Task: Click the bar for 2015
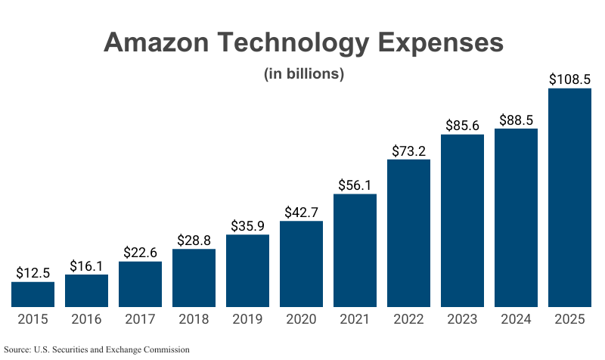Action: [33, 294]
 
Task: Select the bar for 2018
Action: [194, 278]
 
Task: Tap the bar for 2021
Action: [355, 250]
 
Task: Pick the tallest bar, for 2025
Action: [569, 197]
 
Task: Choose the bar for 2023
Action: [462, 220]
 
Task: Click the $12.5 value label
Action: [33, 272]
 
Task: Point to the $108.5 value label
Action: [569, 78]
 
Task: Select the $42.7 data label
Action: [301, 212]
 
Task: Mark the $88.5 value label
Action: [516, 119]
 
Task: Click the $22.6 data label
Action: [140, 252]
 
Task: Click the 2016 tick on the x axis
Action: [86, 319]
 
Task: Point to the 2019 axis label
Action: [247, 319]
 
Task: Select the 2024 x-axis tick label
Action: [516, 319]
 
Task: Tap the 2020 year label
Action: [301, 319]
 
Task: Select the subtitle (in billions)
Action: [303, 74]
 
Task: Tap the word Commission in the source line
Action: [165, 349]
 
